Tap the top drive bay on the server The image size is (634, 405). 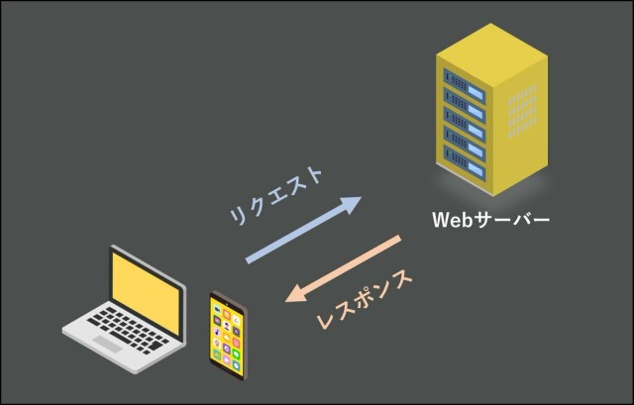point(467,79)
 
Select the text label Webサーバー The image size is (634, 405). point(490,218)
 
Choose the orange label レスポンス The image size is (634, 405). point(365,298)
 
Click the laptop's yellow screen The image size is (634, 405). point(147,291)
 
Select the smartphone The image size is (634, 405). point(229,335)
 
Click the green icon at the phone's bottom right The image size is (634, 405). point(240,357)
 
